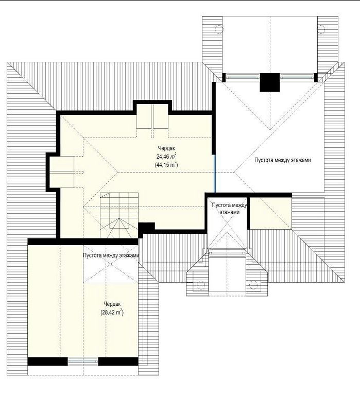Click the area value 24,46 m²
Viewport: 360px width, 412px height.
(x=166, y=157)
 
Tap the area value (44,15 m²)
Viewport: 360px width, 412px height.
(x=166, y=165)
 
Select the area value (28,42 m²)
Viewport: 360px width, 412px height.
(x=112, y=313)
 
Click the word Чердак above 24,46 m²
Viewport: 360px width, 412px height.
(x=166, y=148)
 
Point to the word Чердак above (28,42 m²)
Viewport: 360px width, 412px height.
(x=112, y=304)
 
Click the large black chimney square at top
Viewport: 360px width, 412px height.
(x=269, y=82)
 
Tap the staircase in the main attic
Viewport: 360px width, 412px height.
(x=119, y=215)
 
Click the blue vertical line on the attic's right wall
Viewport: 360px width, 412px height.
(x=215, y=174)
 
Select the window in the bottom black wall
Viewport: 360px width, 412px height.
(x=83, y=362)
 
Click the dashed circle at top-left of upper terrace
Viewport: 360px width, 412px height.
(x=219, y=29)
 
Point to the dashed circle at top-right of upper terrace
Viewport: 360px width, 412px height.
(x=321, y=29)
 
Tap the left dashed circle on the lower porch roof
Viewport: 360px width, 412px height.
(x=201, y=285)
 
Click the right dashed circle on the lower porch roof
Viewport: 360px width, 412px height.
(x=253, y=285)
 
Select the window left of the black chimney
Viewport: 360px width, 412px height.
(x=243, y=78)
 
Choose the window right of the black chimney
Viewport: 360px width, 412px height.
(x=297, y=78)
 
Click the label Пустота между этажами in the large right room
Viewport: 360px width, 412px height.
(x=283, y=160)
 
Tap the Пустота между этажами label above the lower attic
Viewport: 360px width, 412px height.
(x=111, y=255)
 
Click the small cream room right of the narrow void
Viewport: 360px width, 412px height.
(x=270, y=213)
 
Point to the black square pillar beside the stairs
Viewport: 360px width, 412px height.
(x=146, y=228)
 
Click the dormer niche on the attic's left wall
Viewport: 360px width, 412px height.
(x=62, y=172)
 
